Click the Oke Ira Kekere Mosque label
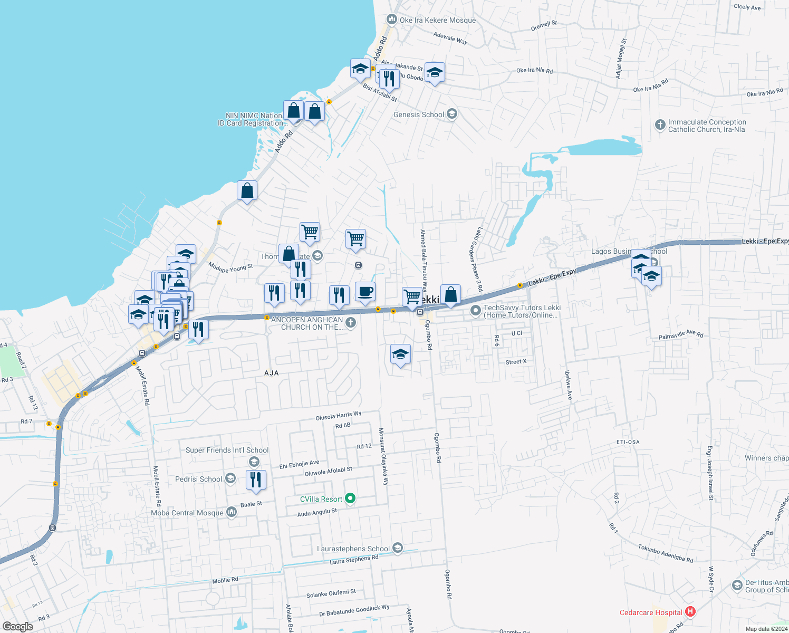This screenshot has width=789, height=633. tap(437, 20)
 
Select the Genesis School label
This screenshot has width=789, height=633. tap(419, 114)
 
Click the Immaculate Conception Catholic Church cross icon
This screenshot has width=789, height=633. tap(660, 125)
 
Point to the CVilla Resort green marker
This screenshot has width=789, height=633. tap(351, 498)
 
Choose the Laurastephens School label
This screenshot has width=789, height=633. tap(353, 549)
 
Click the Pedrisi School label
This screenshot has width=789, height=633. tap(198, 479)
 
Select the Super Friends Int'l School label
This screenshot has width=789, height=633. tap(227, 450)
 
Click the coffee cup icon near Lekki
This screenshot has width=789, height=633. tap(365, 292)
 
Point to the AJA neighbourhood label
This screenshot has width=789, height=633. tap(271, 373)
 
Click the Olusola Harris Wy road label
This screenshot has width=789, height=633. tap(339, 416)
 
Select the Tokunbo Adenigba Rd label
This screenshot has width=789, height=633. tap(666, 553)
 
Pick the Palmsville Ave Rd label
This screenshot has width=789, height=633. tap(681, 335)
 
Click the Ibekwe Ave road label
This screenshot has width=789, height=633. tap(568, 385)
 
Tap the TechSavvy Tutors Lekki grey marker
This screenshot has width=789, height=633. tap(475, 310)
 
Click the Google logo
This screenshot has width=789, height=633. tap(18, 627)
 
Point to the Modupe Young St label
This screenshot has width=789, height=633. tap(230, 268)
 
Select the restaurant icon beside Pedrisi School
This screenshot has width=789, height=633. tap(256, 479)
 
